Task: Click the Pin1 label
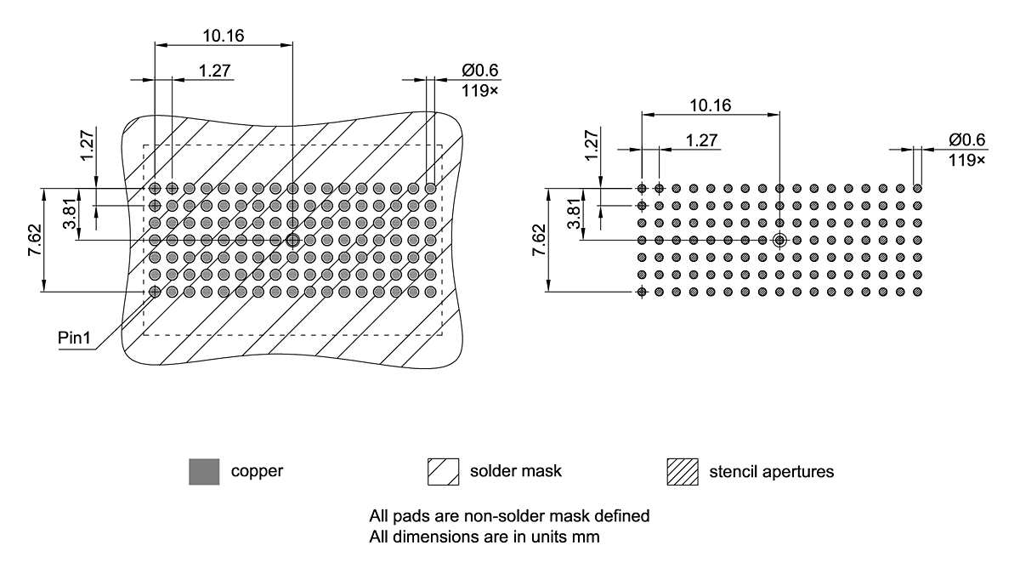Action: (x=74, y=338)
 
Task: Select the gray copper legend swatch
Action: (x=204, y=471)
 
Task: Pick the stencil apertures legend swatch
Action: (x=683, y=471)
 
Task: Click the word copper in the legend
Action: (x=257, y=471)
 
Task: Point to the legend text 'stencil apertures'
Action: (x=771, y=471)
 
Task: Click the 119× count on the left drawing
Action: (x=480, y=89)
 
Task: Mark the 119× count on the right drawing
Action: (x=967, y=159)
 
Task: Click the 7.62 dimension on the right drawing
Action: (x=538, y=241)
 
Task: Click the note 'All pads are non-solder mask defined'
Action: (x=509, y=516)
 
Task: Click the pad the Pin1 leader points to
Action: (x=155, y=292)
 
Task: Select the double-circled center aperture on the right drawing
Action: (x=779, y=241)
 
